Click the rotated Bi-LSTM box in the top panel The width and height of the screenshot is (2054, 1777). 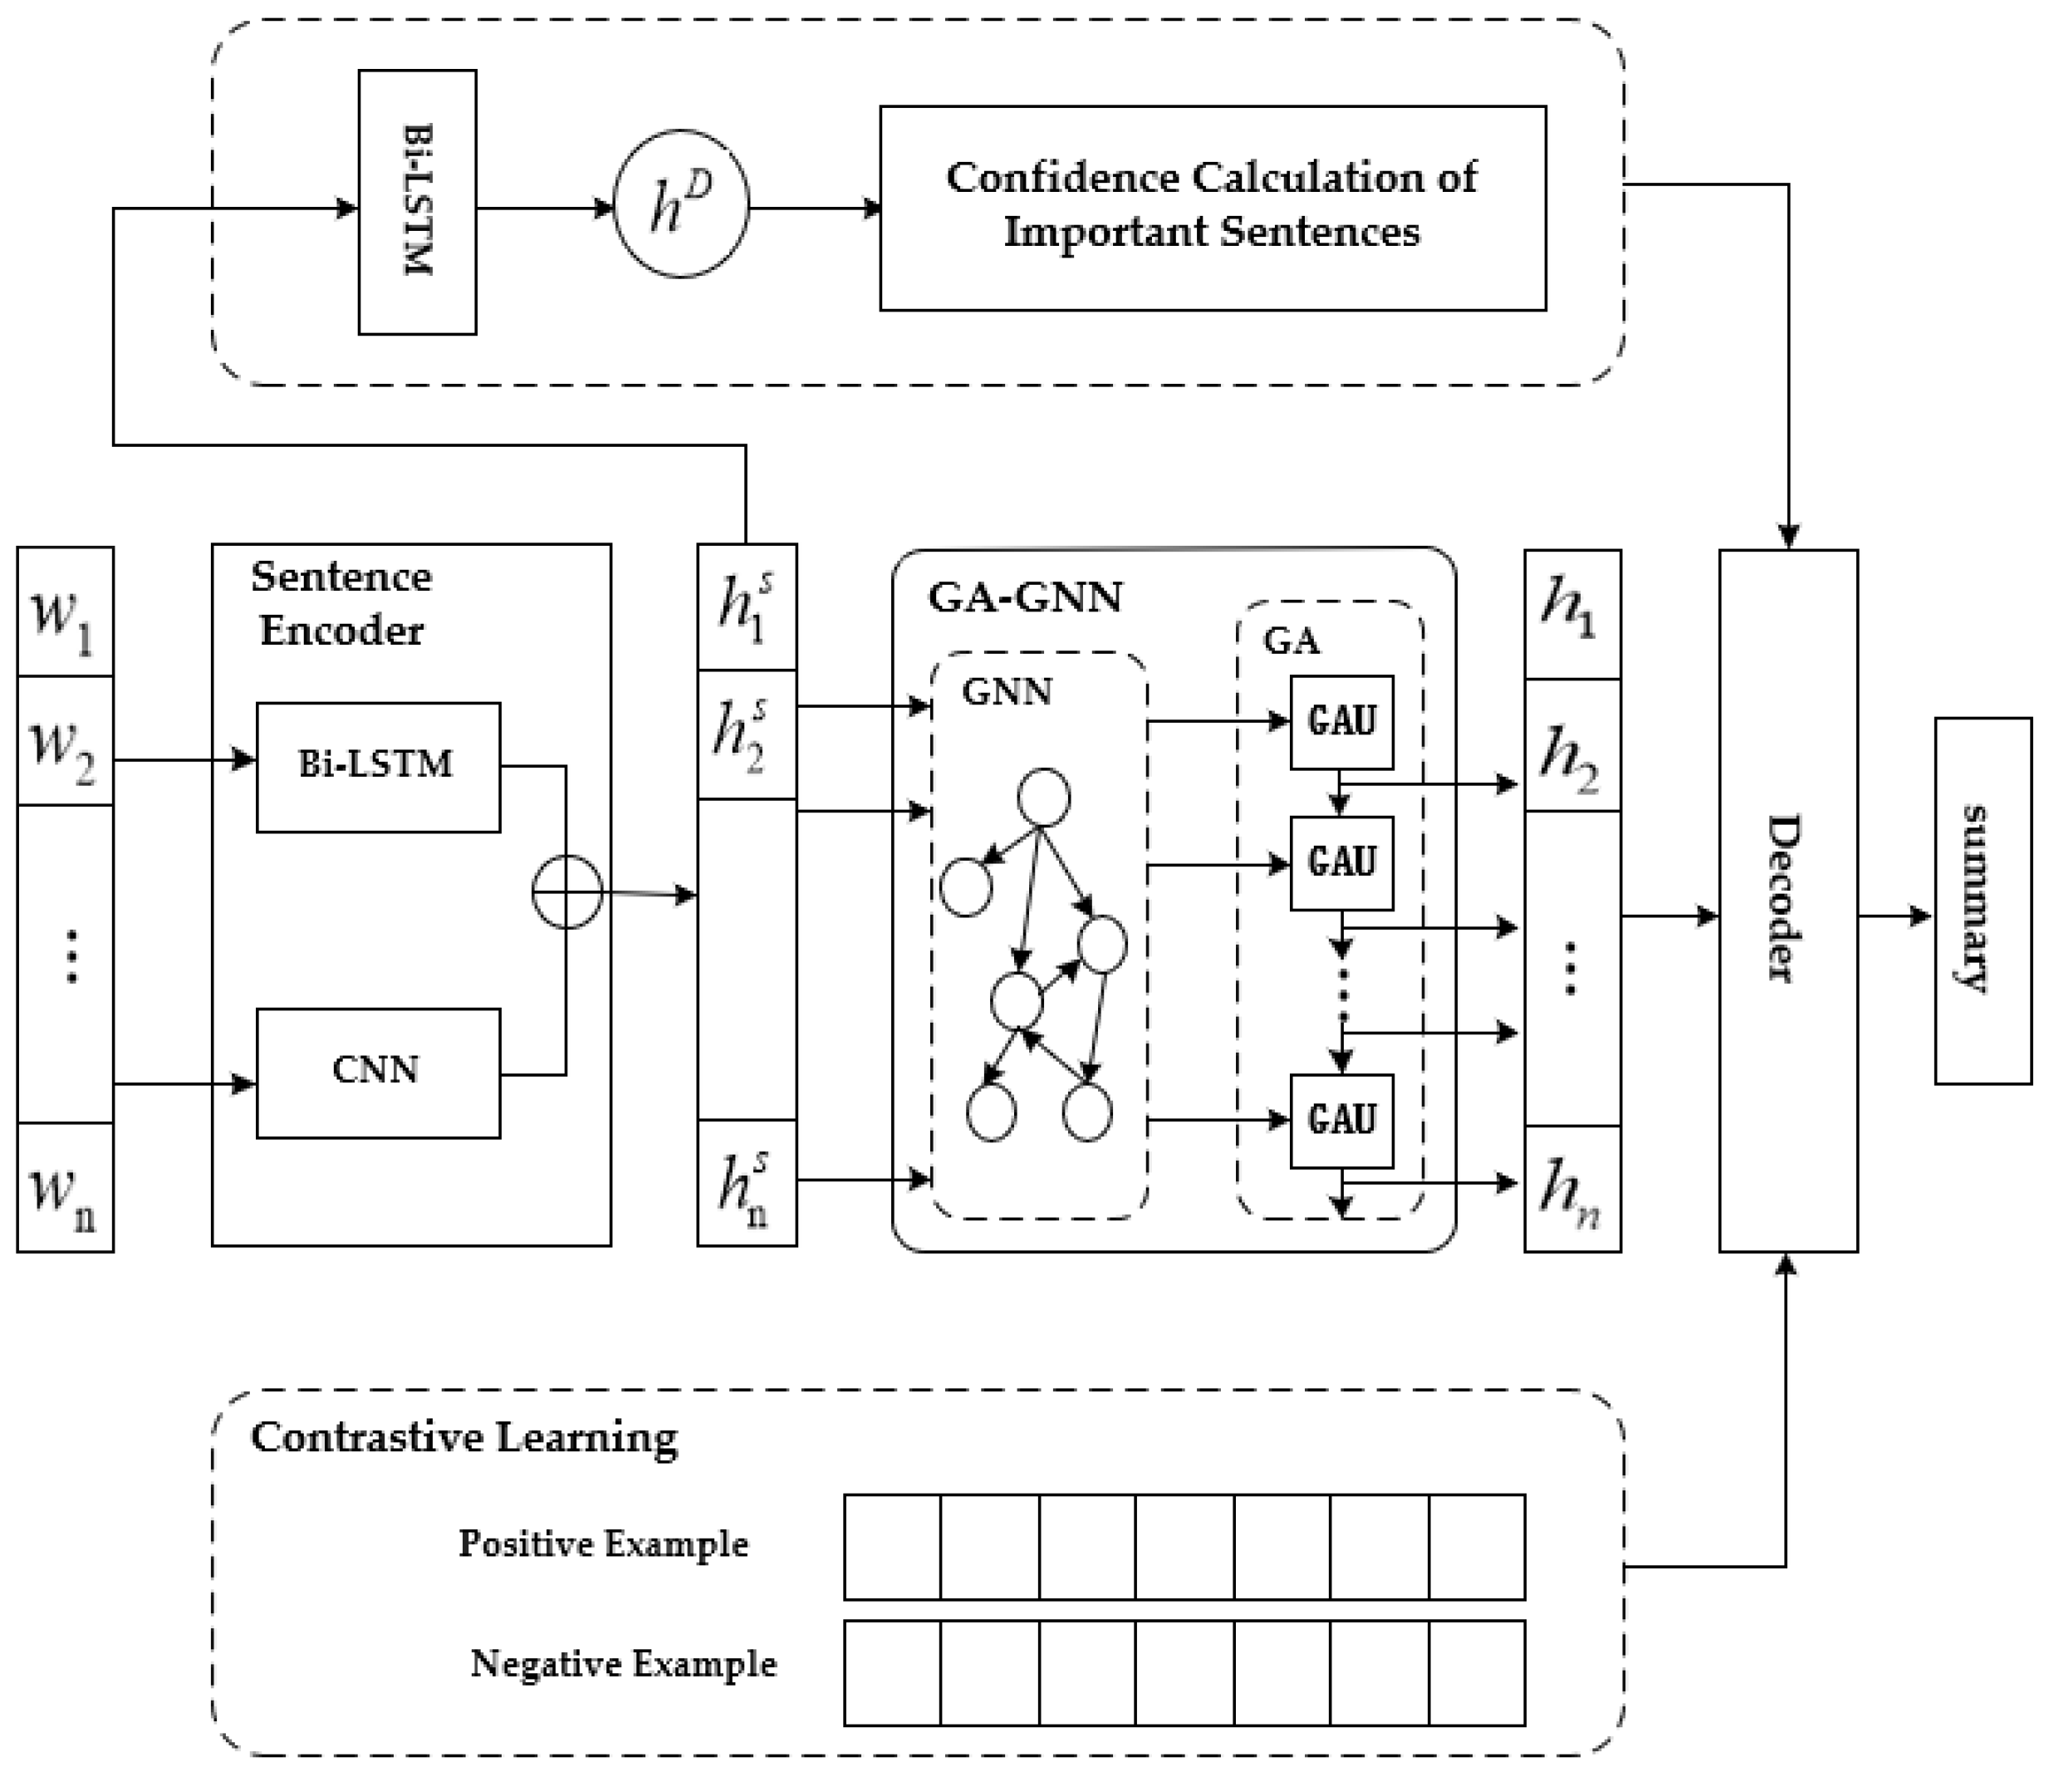(x=416, y=203)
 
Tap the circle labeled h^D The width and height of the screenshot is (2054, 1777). (x=681, y=204)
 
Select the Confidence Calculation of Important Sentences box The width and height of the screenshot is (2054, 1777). (x=1213, y=209)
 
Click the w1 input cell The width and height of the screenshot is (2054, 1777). (x=66, y=611)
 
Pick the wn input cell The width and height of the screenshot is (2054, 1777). (x=66, y=1187)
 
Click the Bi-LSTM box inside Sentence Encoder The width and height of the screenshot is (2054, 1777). (x=378, y=767)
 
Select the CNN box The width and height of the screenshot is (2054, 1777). (x=378, y=1073)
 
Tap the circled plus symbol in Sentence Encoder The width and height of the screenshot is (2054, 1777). (x=567, y=892)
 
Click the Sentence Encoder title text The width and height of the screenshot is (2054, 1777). (x=341, y=603)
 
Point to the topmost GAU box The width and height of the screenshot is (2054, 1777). (x=1341, y=722)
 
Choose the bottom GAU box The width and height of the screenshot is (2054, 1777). (x=1341, y=1121)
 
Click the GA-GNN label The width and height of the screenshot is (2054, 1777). (x=1025, y=598)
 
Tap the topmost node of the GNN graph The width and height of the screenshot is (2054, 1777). (x=1044, y=798)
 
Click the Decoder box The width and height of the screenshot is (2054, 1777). (x=1787, y=901)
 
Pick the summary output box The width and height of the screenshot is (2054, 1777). (x=1983, y=901)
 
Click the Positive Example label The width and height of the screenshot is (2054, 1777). (x=603, y=1544)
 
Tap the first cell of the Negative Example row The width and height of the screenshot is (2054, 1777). (x=892, y=1674)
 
